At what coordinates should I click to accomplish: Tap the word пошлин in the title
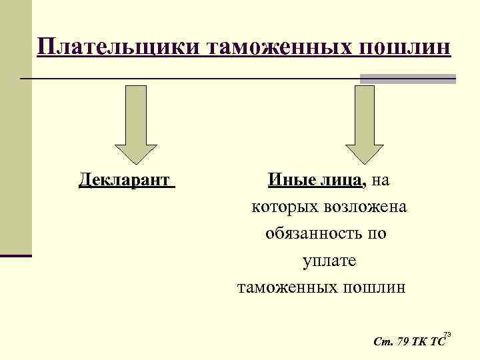[x=407, y=48]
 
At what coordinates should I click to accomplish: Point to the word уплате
[x=330, y=261]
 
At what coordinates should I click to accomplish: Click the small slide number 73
[x=447, y=333]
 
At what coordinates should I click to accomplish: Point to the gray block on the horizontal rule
[x=407, y=79]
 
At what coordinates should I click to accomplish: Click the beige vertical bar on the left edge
[x=15, y=127]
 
